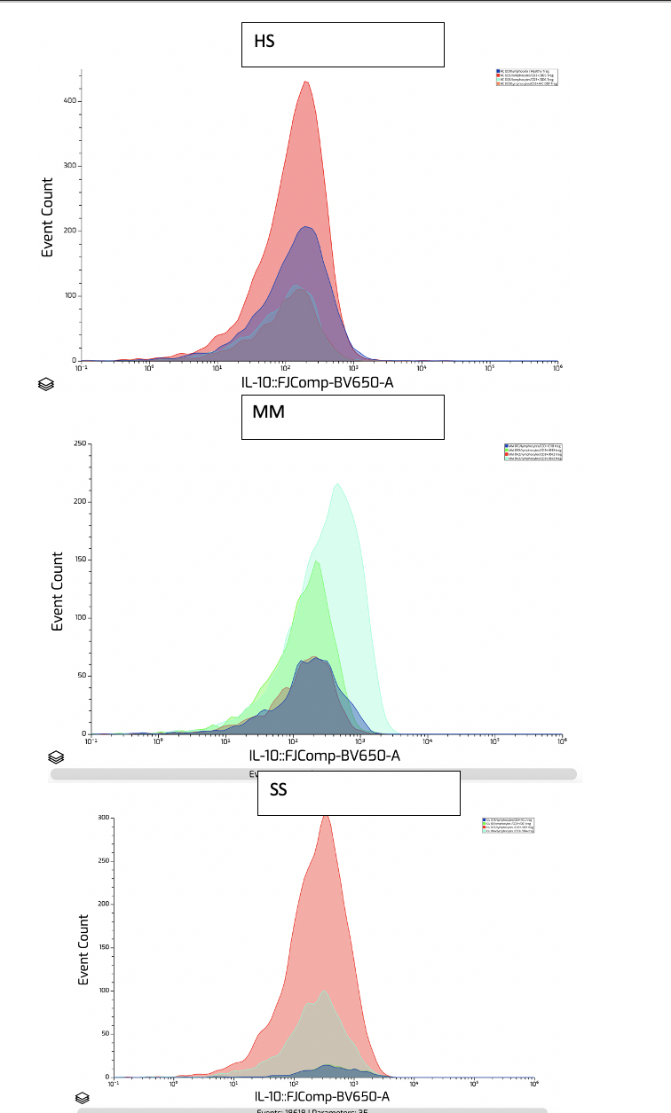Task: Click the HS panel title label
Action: coord(264,42)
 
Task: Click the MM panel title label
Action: coord(268,412)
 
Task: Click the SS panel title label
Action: coord(278,788)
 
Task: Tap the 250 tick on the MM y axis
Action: coord(79,443)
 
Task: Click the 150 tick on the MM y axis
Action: coord(79,560)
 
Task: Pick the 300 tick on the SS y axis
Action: coord(105,818)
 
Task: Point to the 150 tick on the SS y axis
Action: coord(105,947)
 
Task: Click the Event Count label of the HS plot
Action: coord(48,217)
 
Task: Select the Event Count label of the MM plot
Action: coord(58,591)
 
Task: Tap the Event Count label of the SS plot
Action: coord(84,949)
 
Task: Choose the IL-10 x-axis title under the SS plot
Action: coord(321,1097)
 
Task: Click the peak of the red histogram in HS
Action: coord(306,82)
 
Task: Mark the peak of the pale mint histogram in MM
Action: coord(337,484)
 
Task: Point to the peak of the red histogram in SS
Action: coord(326,815)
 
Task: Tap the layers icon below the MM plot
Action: coord(56,757)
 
